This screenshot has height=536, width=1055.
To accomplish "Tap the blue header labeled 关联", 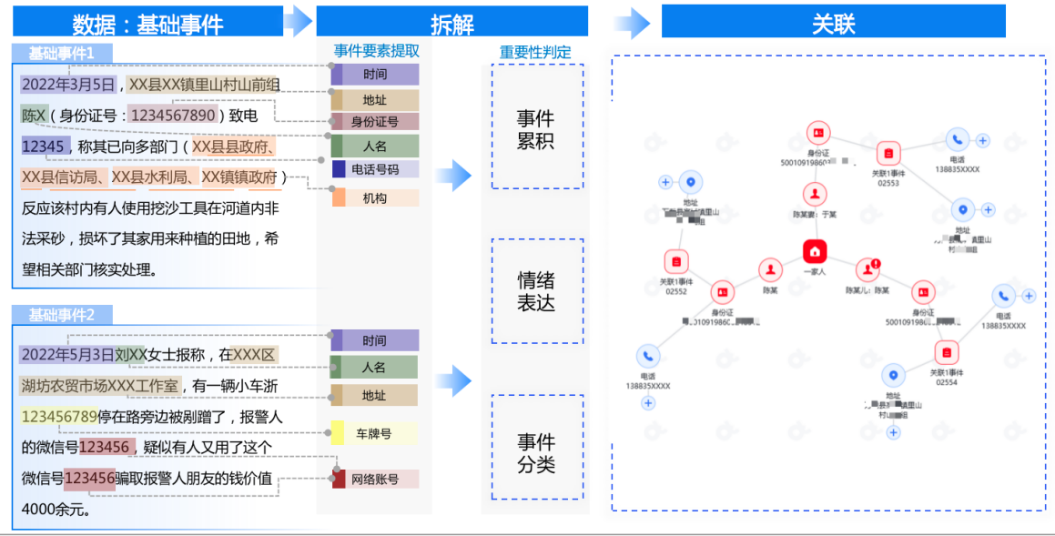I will (833, 23).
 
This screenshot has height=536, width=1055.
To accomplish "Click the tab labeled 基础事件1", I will (62, 53).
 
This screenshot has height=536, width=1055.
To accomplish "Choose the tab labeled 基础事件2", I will (62, 315).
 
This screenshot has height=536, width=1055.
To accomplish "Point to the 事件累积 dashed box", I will (537, 128).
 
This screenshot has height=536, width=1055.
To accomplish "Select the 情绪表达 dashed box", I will (537, 291).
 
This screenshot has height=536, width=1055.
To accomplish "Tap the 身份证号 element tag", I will (375, 121).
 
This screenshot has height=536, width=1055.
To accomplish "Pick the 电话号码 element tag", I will (375, 169).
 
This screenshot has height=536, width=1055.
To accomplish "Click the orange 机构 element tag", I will (375, 198).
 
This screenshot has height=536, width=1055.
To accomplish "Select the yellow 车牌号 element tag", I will (374, 433).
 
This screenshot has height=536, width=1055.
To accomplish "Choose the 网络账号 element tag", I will (375, 479).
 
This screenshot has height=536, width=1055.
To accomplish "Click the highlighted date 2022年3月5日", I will (69, 85).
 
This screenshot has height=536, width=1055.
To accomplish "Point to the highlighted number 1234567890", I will (173, 115).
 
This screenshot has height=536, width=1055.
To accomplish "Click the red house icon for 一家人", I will (815, 251).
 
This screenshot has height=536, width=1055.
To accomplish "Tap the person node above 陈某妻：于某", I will (815, 194).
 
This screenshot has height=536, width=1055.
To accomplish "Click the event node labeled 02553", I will (888, 153).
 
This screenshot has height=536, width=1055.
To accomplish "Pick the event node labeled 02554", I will (947, 353).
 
